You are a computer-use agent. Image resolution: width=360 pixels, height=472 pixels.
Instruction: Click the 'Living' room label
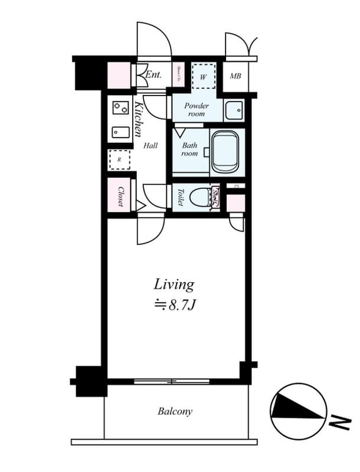click(x=174, y=284)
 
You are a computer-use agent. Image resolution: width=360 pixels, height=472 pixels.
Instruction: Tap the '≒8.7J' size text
click(x=174, y=306)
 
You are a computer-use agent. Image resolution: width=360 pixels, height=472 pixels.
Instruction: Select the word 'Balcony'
click(x=175, y=411)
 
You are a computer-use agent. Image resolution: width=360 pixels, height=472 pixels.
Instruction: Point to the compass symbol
click(x=298, y=411)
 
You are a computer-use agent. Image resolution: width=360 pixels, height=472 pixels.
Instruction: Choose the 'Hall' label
click(x=150, y=145)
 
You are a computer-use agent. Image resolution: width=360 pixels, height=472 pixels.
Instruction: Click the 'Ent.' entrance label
click(x=153, y=75)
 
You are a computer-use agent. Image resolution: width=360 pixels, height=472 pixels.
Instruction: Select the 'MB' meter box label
click(x=235, y=77)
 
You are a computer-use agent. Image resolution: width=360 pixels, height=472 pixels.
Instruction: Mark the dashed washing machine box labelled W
click(x=203, y=76)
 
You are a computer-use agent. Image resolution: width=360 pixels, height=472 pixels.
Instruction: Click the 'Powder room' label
click(x=197, y=110)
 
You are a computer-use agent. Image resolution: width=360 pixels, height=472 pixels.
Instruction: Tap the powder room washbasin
click(x=234, y=110)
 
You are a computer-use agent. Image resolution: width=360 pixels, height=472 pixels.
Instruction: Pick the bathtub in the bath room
click(x=224, y=152)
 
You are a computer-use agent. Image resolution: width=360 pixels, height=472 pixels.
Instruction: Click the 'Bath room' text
click(x=189, y=149)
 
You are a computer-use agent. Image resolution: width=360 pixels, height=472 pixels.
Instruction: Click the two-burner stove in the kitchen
click(x=120, y=109)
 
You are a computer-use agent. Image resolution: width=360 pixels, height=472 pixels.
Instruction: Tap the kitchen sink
click(x=120, y=132)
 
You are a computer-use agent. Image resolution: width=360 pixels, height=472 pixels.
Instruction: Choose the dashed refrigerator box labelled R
click(x=119, y=159)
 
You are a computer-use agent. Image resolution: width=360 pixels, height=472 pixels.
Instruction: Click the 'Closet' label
click(x=120, y=196)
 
